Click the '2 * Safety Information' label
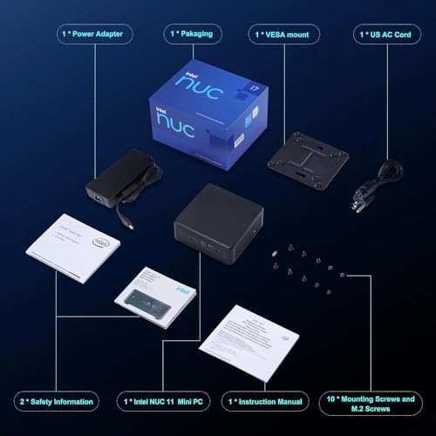pos(56,402)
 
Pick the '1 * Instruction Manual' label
pos(267,402)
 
